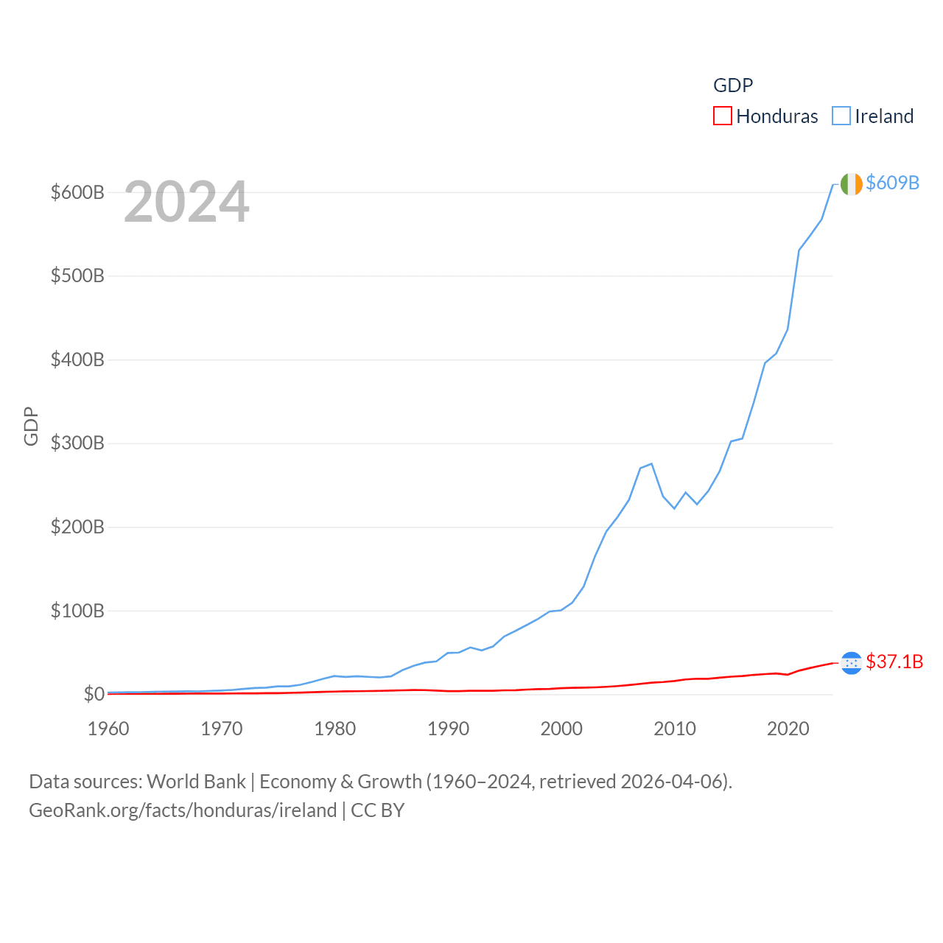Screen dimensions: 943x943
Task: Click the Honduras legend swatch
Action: [722, 116]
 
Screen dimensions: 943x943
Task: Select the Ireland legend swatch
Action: [841, 116]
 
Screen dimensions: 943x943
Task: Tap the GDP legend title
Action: [733, 85]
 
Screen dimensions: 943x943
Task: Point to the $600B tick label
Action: [77, 192]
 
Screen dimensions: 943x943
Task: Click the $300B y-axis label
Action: [77, 443]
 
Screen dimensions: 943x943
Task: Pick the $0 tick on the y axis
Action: [94, 694]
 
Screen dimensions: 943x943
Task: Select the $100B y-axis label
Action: [77, 611]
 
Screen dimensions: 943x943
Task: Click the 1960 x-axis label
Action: [108, 729]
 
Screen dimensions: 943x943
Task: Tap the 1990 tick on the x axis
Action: [448, 729]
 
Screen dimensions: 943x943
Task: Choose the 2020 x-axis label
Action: [788, 729]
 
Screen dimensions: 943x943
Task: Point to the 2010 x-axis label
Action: [675, 729]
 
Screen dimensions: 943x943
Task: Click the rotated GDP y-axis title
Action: [31, 426]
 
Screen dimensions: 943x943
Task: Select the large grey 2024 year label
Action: [186, 202]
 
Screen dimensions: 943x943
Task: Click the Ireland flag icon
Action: [851, 184]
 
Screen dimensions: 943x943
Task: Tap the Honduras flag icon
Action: [851, 663]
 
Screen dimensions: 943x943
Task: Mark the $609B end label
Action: [892, 183]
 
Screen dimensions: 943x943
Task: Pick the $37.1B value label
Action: [894, 662]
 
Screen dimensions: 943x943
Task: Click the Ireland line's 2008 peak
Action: [651, 463]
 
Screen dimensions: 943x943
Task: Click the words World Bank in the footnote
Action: [196, 781]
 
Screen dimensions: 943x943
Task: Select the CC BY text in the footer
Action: [377, 810]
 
